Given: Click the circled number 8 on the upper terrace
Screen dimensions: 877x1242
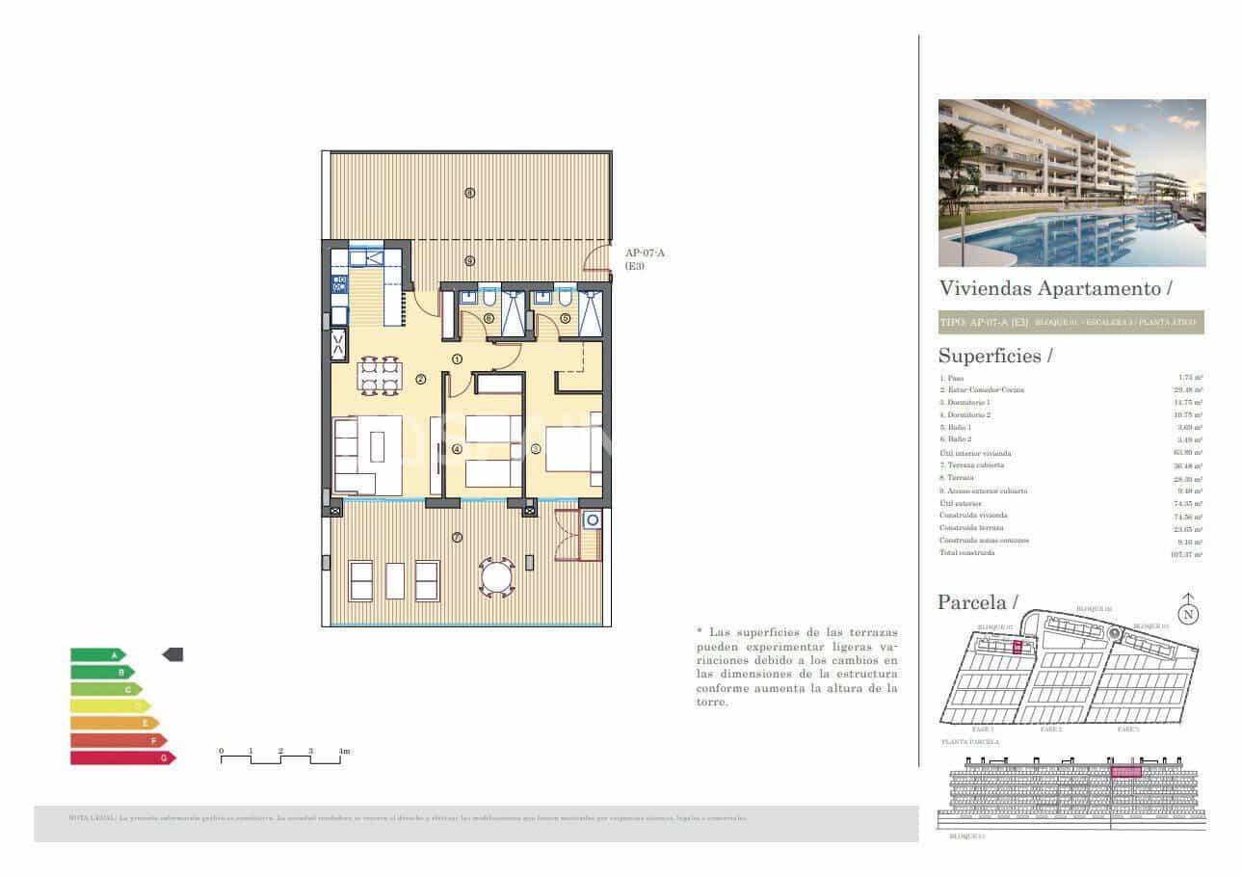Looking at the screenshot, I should pos(469,193).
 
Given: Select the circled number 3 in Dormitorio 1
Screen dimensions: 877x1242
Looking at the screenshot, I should pos(535,448).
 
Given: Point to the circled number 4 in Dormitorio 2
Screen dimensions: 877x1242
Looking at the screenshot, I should pos(457,448).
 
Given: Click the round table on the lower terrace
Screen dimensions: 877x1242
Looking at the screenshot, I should pos(497,579).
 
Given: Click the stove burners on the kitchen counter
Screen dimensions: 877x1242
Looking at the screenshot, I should pos(339,283).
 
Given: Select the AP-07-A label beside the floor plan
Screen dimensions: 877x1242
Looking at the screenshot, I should pos(645,252).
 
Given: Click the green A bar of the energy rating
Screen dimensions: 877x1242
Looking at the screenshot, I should pos(96,654).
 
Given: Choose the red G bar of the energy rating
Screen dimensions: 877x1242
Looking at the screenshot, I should pos(121,758).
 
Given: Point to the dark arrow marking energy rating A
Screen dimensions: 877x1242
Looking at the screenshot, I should pos(172,654).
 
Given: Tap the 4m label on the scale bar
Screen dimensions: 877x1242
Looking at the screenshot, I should pos(344,750).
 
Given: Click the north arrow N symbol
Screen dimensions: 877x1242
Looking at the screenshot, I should pos(1189,610).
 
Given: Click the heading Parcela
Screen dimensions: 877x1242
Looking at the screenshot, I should pos(977,603).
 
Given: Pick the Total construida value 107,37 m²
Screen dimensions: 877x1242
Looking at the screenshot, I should pos(1186,554).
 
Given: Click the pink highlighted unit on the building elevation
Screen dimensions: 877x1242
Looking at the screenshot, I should pos(1125,772).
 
